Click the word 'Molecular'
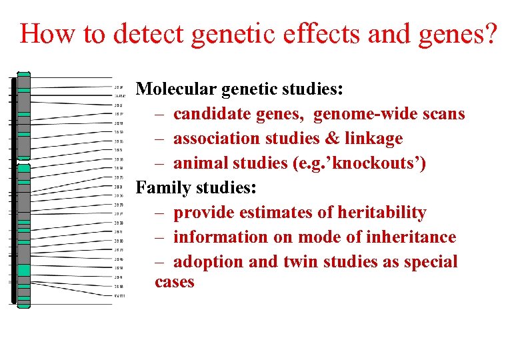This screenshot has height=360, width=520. [175, 89]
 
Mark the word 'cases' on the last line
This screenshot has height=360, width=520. [175, 282]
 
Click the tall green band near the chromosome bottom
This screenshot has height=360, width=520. [24, 270]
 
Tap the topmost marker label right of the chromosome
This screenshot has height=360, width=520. [119, 87]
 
